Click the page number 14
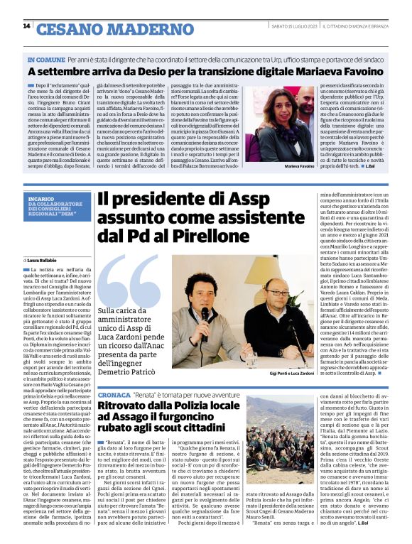[x=26, y=26]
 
